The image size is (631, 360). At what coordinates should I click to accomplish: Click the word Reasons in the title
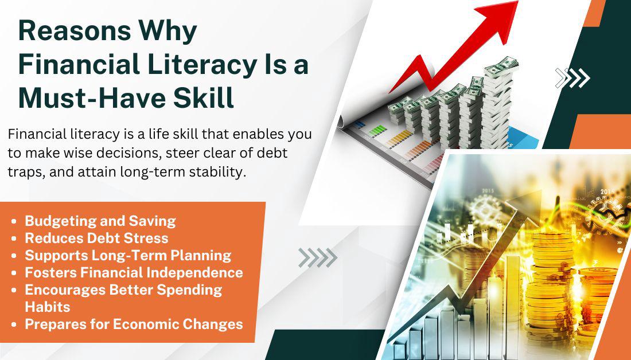pyautogui.click(x=75, y=31)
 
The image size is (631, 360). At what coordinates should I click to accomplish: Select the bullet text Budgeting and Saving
pyautogui.click(x=100, y=221)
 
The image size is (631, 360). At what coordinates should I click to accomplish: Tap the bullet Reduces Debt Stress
pyautogui.click(x=96, y=238)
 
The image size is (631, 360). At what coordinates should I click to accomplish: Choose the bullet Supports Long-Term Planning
pyautogui.click(x=128, y=256)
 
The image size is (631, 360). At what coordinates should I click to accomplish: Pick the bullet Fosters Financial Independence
pyautogui.click(x=134, y=273)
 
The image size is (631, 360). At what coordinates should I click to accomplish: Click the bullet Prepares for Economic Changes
pyautogui.click(x=134, y=324)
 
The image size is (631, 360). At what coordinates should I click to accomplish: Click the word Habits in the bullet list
pyautogui.click(x=48, y=307)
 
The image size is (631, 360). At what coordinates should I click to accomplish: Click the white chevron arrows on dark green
pyautogui.click(x=572, y=77)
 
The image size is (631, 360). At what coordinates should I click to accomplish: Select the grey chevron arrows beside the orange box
pyautogui.click(x=318, y=258)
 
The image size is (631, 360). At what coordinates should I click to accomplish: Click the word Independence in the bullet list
pyautogui.click(x=195, y=273)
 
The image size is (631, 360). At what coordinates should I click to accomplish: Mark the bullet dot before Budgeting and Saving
pyautogui.click(x=14, y=221)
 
